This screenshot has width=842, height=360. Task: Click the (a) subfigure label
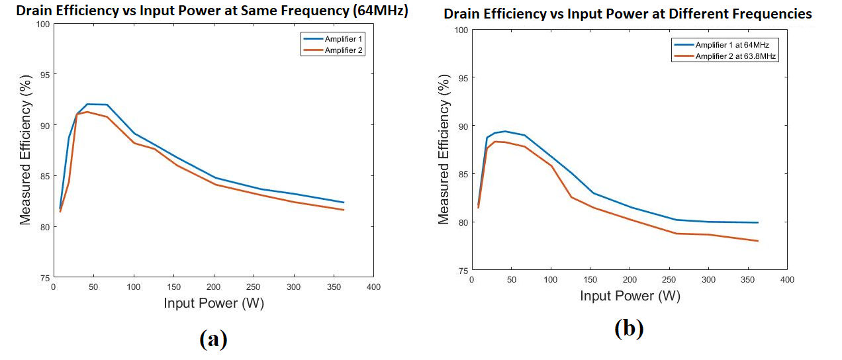(x=213, y=339)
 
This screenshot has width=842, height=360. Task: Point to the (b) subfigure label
(x=629, y=328)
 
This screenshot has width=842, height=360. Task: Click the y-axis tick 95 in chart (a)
(x=44, y=75)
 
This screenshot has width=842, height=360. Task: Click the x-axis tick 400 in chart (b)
(x=787, y=280)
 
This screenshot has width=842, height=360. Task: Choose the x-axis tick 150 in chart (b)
(x=590, y=280)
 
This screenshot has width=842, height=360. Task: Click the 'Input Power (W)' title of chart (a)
(x=214, y=303)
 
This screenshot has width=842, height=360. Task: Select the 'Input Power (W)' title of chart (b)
(x=630, y=296)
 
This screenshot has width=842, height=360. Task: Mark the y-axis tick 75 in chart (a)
(x=44, y=278)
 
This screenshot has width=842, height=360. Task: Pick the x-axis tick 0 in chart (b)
(x=471, y=280)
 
